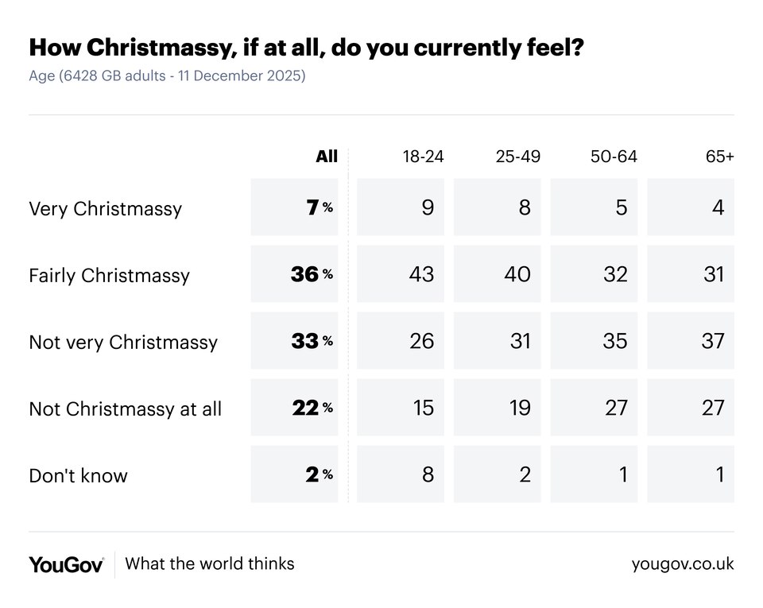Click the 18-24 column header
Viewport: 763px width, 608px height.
pyautogui.click(x=423, y=157)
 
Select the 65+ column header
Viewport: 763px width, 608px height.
pyautogui.click(x=719, y=157)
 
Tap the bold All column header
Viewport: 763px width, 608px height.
pyautogui.click(x=327, y=157)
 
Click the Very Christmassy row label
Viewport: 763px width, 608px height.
pyautogui.click(x=105, y=208)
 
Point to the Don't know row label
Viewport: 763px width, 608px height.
pyautogui.click(x=78, y=475)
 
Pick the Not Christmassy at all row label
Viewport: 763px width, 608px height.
pyautogui.click(x=125, y=409)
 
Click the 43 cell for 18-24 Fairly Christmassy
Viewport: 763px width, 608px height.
pyautogui.click(x=421, y=274)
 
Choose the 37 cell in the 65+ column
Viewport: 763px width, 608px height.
pyautogui.click(x=713, y=341)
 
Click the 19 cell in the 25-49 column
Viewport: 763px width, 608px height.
pyautogui.click(x=520, y=408)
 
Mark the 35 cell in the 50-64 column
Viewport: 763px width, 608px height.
pyautogui.click(x=615, y=341)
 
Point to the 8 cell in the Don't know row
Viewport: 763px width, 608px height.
pyautogui.click(x=428, y=474)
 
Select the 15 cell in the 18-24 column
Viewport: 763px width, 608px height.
pyautogui.click(x=424, y=408)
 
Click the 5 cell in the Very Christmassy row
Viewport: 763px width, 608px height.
pyautogui.click(x=622, y=207)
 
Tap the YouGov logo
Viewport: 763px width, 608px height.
pyautogui.click(x=66, y=564)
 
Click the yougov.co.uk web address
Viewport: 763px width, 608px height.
pyautogui.click(x=683, y=564)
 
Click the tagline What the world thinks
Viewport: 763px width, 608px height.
pyautogui.click(x=210, y=563)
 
